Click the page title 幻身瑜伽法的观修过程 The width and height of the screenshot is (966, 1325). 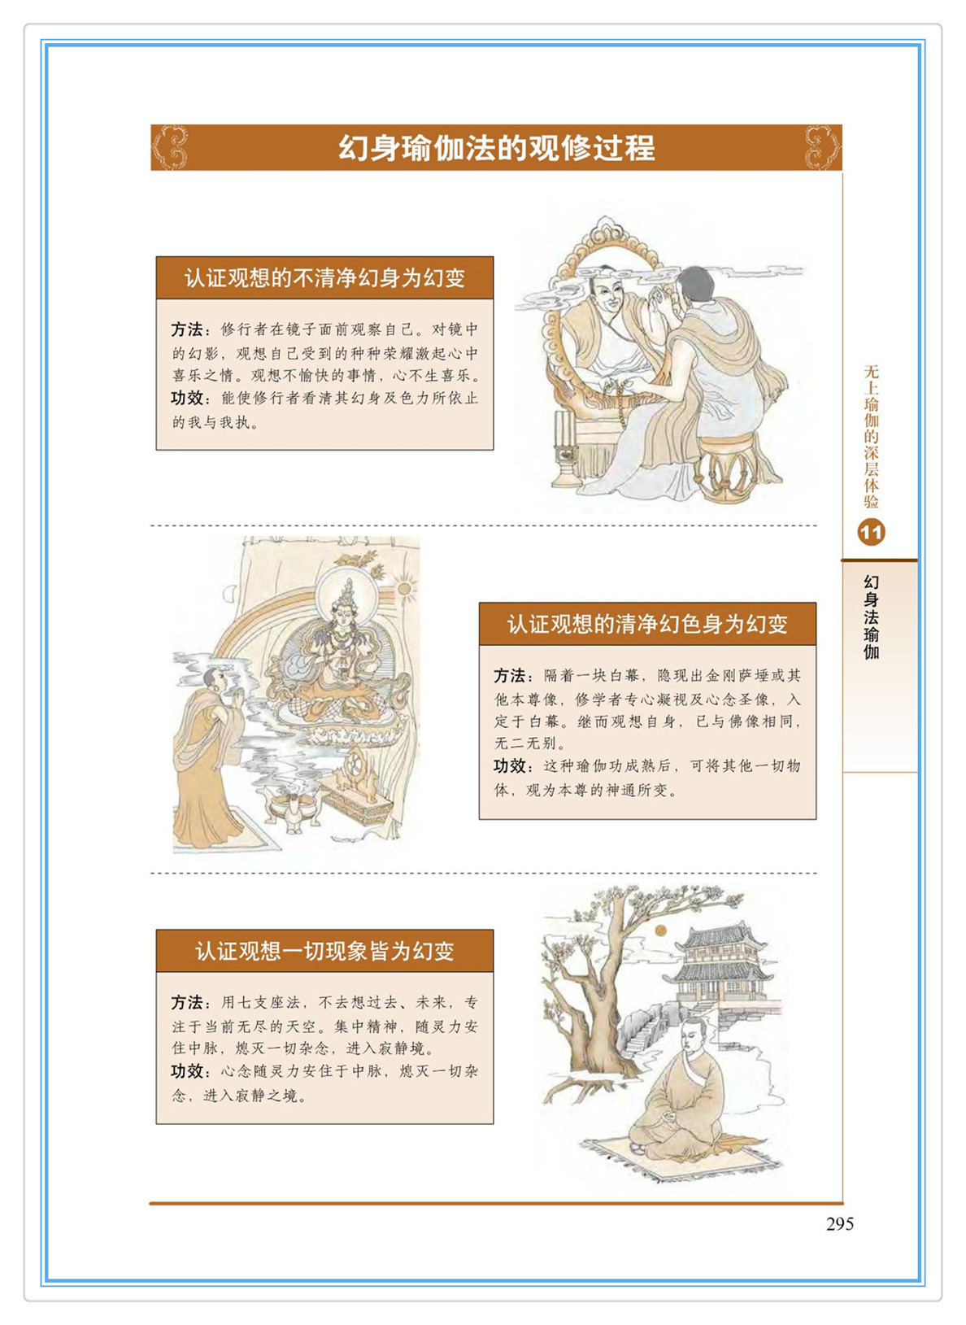click(x=497, y=148)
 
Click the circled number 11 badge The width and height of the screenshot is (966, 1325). click(x=871, y=533)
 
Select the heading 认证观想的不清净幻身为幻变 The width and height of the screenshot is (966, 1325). click(x=324, y=277)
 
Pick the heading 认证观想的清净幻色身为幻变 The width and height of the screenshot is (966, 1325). click(x=647, y=624)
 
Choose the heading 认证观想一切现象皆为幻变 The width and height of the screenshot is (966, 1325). click(x=324, y=951)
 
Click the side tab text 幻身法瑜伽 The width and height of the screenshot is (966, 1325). click(x=872, y=617)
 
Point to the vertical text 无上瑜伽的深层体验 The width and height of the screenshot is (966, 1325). click(x=872, y=437)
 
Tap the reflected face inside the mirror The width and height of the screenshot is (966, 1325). click(x=607, y=294)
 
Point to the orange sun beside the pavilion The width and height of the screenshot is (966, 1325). click(x=661, y=931)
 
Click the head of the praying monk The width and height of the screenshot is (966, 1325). click(x=215, y=680)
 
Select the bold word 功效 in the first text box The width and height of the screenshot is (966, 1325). click(x=187, y=398)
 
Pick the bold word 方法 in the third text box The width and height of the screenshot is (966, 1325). click(x=187, y=1002)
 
